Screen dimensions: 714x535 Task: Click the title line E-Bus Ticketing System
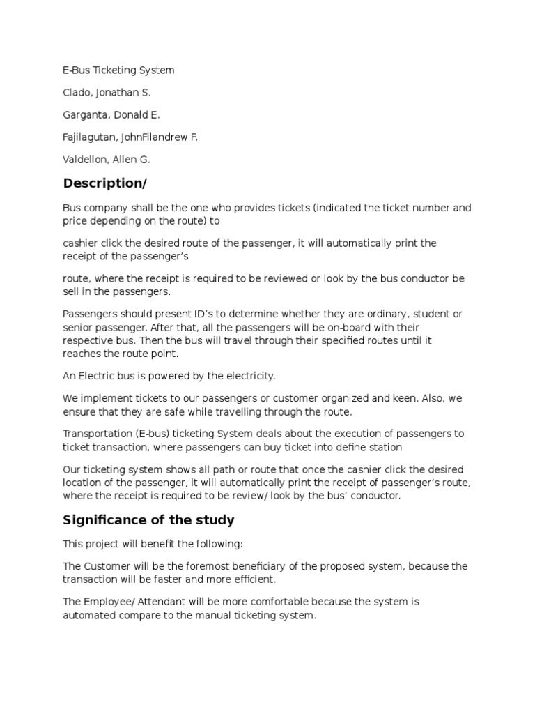click(118, 70)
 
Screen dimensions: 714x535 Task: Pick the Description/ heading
click(106, 183)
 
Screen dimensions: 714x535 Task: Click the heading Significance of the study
click(148, 520)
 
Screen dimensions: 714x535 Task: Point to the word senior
click(77, 327)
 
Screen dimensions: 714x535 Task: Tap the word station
click(385, 446)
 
